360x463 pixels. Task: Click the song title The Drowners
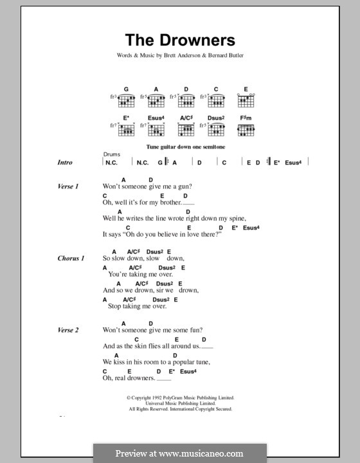pyautogui.click(x=181, y=40)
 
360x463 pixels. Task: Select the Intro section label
pyautogui.click(x=66, y=163)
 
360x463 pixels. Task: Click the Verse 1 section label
pyautogui.click(x=67, y=186)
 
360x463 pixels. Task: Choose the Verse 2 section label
pyautogui.click(x=67, y=331)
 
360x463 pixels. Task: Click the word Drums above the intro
pyautogui.click(x=111, y=155)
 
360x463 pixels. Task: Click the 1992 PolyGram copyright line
pyautogui.click(x=180, y=398)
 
